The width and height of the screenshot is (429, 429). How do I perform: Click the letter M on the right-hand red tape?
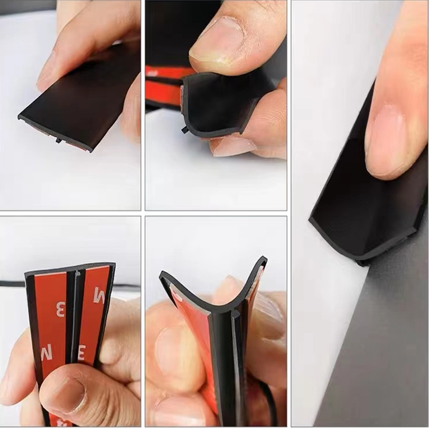[x=100, y=295]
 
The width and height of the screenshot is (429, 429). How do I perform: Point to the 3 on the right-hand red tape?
[x=82, y=352]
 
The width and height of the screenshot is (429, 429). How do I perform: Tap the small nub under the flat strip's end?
[x=57, y=140]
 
